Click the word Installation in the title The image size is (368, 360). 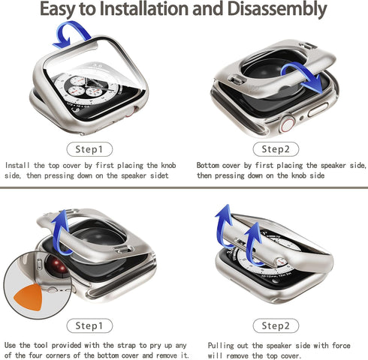point(143,8)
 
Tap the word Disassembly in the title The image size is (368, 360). point(277,10)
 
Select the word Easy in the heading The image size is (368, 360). point(57,10)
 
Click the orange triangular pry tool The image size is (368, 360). point(29,297)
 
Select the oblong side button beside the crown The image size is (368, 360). point(318,109)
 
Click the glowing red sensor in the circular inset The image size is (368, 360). point(56,265)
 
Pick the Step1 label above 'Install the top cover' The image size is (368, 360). point(89,149)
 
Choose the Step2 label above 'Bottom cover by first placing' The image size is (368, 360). point(276,149)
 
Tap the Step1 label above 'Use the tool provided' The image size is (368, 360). point(89,325)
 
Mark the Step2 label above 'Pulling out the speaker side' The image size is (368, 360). point(276,325)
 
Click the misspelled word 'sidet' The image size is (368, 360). point(159,175)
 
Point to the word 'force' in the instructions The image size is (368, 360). point(341,346)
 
